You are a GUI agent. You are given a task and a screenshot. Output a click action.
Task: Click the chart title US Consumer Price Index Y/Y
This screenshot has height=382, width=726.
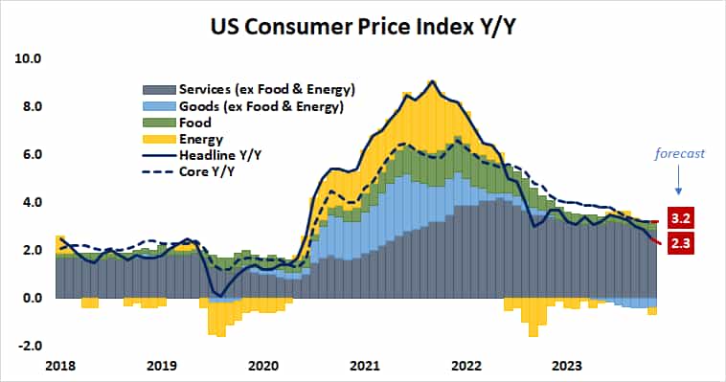(x=364, y=23)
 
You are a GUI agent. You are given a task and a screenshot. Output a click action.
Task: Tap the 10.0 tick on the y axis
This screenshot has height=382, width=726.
(x=28, y=58)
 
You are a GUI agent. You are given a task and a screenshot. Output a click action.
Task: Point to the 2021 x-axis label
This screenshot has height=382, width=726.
(x=364, y=365)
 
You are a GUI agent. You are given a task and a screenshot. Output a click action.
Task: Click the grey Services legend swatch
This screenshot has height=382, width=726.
(x=157, y=90)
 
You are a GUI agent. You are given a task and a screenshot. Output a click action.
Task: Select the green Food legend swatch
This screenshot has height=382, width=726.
(x=157, y=124)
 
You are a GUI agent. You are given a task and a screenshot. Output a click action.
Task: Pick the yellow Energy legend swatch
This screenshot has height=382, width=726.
(x=157, y=140)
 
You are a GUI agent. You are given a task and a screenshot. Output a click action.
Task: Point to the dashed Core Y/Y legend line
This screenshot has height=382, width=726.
(x=157, y=173)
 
